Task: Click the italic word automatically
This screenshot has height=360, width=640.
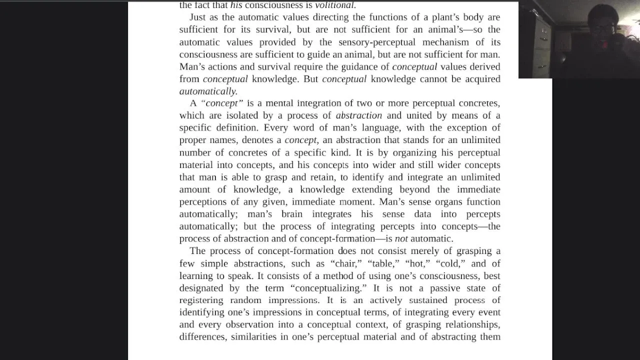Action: [208, 91]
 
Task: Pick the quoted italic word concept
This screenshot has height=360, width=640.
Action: [222, 103]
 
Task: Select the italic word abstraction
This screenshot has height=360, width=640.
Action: [359, 115]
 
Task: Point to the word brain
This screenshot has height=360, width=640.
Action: [292, 214]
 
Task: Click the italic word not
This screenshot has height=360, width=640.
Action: [401, 238]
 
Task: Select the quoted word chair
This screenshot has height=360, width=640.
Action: [346, 263]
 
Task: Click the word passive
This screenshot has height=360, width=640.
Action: [447, 288]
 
